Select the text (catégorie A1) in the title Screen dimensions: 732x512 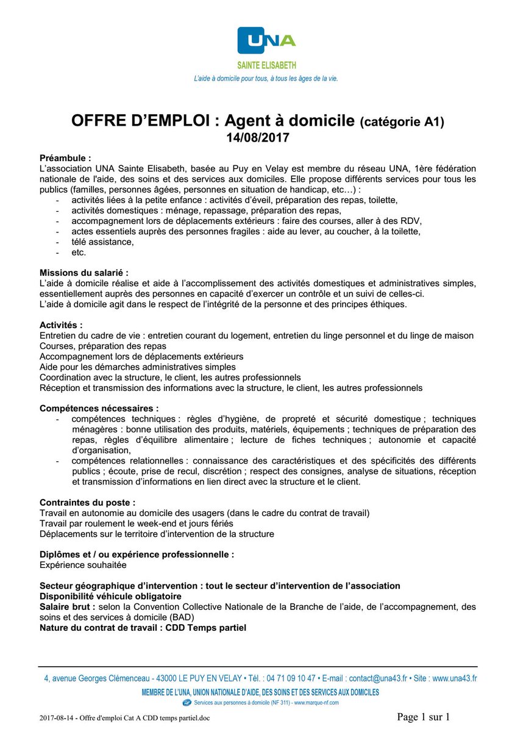coord(402,122)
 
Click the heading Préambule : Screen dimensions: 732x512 coord(65,157)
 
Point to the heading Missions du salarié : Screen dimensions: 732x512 coord(84,272)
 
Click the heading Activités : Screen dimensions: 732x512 coord(61,325)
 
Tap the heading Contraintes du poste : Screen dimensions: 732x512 coord(88,502)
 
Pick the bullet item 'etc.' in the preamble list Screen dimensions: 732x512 coord(79,251)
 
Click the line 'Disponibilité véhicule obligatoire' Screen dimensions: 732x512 coord(110,595)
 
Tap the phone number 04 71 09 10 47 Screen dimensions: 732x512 coord(291,678)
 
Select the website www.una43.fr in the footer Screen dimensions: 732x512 coord(454,678)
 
